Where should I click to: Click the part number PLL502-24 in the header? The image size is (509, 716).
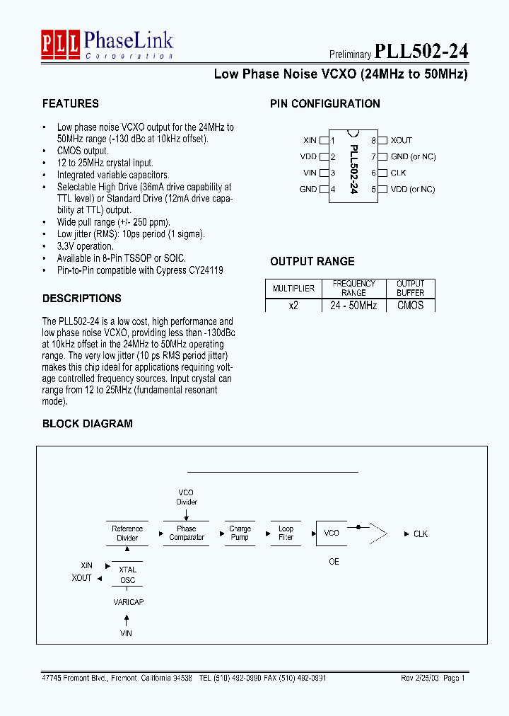coord(421,52)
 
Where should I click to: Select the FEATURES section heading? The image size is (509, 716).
coord(71,104)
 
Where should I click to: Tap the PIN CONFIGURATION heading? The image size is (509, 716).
coord(324,104)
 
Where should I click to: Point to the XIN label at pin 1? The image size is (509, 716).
coord(310,140)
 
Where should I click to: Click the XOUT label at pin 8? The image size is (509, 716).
coord(401,140)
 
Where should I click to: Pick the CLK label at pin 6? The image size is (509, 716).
coord(398,173)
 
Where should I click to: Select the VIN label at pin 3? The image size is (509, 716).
coord(310,173)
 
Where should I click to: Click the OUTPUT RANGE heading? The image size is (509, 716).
coord(312,261)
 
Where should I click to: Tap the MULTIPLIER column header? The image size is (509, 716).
coord(293,289)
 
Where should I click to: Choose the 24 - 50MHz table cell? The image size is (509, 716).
coord(353,306)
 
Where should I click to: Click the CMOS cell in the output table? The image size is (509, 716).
coord(410,306)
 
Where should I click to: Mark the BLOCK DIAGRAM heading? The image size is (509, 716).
coord(87,424)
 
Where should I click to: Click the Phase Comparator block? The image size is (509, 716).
coord(187,533)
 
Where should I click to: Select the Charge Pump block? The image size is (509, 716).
coord(240,533)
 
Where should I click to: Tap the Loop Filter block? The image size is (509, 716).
coord(286,533)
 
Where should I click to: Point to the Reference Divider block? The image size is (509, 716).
coord(127,533)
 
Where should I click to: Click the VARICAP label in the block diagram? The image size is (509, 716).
coord(128,601)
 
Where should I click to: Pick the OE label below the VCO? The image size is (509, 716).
coord(334,562)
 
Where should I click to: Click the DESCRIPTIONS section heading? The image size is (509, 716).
coord(81,299)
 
